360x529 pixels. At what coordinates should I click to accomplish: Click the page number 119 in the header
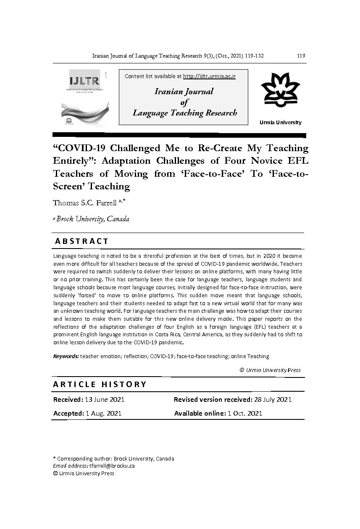(301, 56)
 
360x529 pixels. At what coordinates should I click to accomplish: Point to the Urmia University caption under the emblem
(280, 122)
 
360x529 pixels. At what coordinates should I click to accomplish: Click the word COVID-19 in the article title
(80, 148)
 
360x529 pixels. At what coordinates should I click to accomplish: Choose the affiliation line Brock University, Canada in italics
(93, 219)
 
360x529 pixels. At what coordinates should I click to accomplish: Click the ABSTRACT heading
(82, 241)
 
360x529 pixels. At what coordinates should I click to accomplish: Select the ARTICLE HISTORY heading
(100, 384)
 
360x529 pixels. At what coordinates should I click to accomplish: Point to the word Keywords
(66, 356)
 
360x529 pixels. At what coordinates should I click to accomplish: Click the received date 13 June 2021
(105, 399)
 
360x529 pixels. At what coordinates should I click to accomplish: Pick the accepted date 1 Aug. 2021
(103, 413)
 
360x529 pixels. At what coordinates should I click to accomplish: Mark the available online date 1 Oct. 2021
(245, 413)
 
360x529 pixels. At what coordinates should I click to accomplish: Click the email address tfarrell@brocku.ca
(112, 466)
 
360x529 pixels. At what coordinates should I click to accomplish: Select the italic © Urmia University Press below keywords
(270, 370)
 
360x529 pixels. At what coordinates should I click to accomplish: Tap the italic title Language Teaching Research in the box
(185, 113)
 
